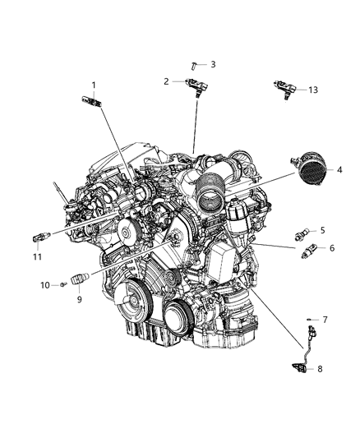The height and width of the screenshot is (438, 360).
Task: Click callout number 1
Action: [94, 85]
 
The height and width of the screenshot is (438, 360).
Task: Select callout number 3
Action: [213, 63]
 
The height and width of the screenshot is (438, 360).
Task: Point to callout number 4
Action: [338, 169]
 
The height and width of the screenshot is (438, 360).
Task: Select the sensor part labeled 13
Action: [283, 85]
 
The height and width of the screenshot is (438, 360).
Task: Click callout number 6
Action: [331, 248]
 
